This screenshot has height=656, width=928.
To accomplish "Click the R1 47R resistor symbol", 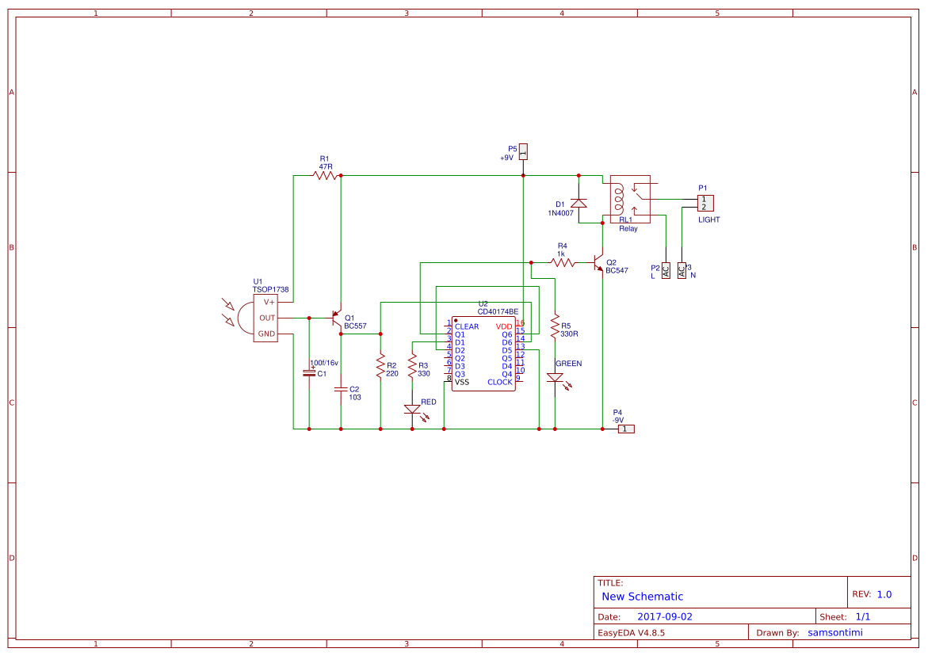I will [x=325, y=176].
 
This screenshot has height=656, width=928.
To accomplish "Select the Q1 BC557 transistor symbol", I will [x=337, y=318].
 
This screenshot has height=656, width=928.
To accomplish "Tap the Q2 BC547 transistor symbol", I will [x=599, y=264].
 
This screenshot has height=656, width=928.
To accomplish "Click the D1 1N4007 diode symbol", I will [x=579, y=204].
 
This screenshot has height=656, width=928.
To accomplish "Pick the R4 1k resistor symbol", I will [x=563, y=261].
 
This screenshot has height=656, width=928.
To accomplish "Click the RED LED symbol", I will [x=412, y=410].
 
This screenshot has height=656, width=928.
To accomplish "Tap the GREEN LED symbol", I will [x=555, y=379].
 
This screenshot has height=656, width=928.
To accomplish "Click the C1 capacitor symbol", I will [x=309, y=372].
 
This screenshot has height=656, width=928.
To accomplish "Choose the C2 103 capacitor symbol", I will [x=341, y=389].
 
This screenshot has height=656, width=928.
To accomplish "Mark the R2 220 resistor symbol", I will [x=380, y=367].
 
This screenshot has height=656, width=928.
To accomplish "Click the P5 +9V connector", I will [x=523, y=151].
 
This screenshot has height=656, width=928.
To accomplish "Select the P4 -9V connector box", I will [x=626, y=429].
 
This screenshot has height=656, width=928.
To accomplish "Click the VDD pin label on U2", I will [x=504, y=326].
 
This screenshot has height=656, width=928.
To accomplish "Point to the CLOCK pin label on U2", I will [x=499, y=382].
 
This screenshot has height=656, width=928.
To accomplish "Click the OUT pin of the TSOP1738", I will [x=267, y=318].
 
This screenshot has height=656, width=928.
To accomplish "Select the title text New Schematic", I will [x=642, y=597].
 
